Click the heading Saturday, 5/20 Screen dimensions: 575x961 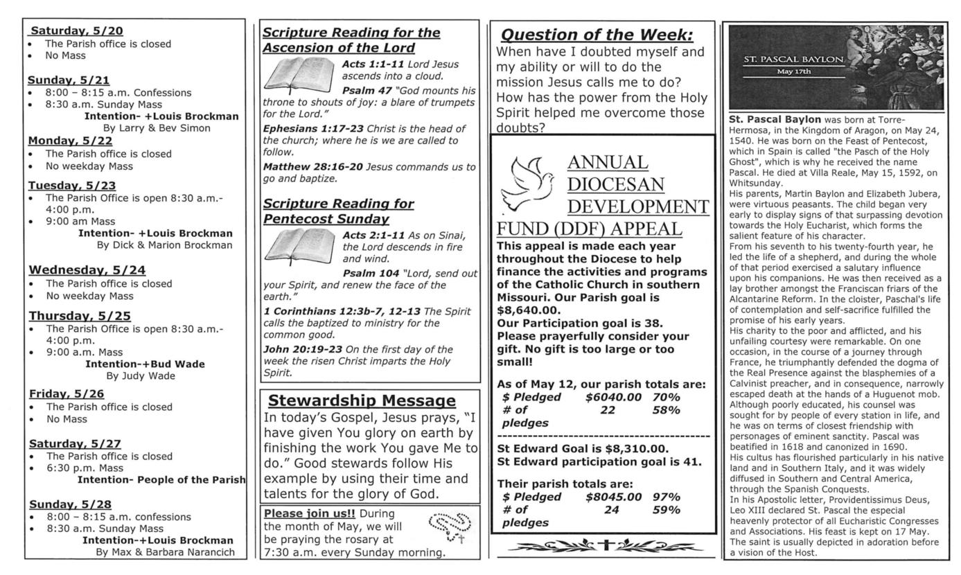[76, 30]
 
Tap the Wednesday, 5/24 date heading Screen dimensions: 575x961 [87, 270]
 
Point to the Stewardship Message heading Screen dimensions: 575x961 [362, 400]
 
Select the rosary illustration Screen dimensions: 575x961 [447, 527]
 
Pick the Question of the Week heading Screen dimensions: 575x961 [597, 35]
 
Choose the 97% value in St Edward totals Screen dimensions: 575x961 [666, 497]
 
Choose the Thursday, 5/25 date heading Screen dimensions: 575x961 [80, 316]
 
